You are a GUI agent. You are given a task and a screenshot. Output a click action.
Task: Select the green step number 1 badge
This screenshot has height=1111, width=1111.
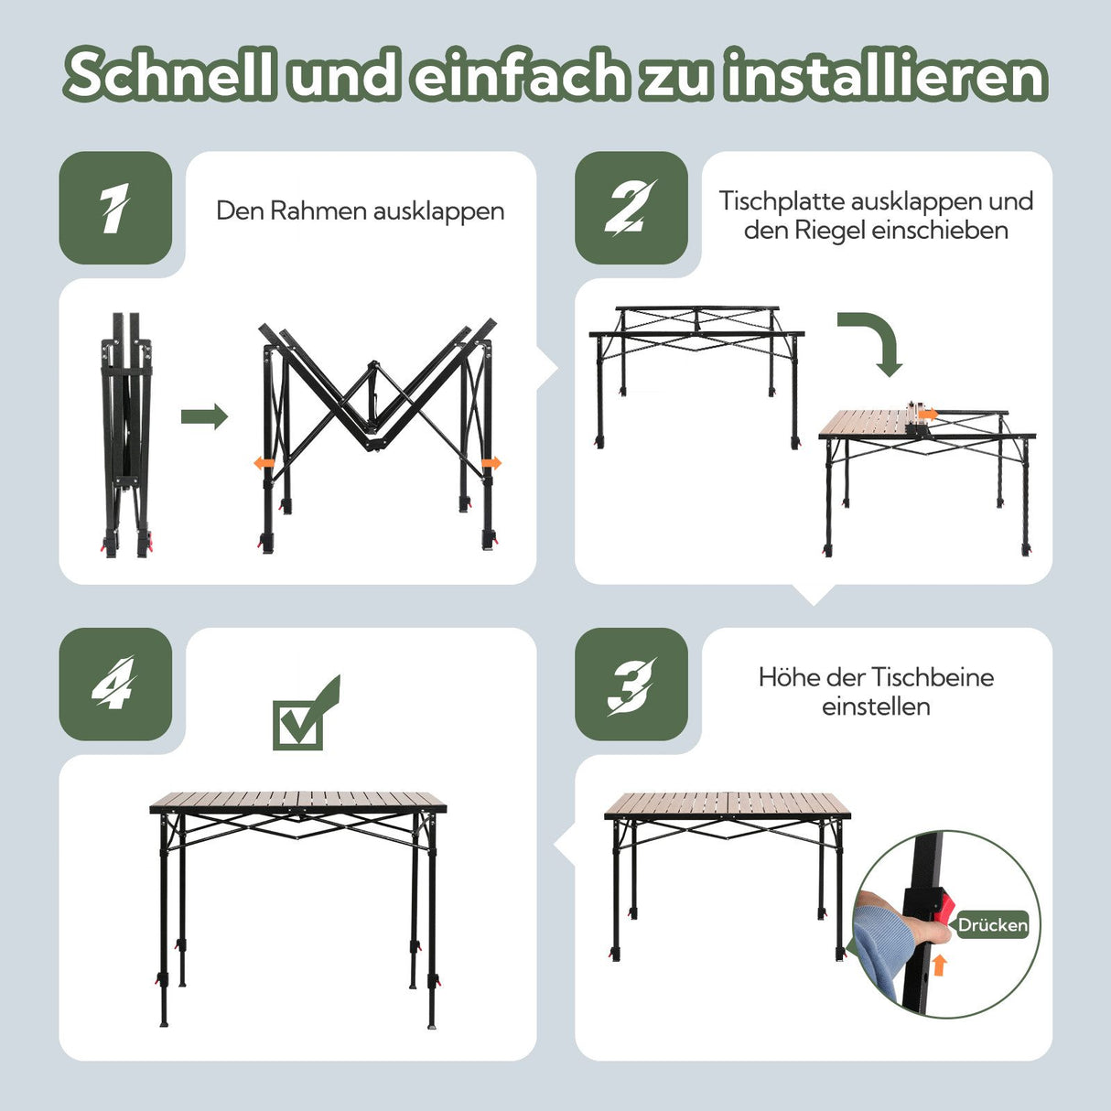click(115, 209)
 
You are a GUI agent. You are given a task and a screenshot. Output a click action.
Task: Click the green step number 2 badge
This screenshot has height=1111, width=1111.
click(631, 209)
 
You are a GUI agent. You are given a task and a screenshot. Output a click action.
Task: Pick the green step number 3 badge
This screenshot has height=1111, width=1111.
click(631, 685)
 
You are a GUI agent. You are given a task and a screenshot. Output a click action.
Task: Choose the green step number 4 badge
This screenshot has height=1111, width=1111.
click(115, 685)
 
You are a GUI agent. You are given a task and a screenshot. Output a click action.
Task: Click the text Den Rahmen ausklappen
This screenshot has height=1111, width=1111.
click(360, 210)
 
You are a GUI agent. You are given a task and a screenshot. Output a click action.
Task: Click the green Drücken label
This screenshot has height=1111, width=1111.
click(992, 925)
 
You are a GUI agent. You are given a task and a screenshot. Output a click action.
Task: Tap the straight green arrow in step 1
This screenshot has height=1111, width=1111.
click(203, 417)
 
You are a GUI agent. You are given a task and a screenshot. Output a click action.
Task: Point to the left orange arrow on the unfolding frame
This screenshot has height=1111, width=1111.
click(264, 464)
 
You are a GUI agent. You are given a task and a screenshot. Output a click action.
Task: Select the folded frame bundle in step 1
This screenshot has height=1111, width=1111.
click(126, 435)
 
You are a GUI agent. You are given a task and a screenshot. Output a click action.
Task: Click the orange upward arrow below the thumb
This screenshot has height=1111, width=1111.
click(939, 965)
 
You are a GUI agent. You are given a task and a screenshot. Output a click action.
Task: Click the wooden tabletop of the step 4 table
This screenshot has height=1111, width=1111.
click(298, 803)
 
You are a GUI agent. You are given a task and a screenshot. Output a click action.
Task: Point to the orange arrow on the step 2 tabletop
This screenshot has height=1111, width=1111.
click(928, 415)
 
